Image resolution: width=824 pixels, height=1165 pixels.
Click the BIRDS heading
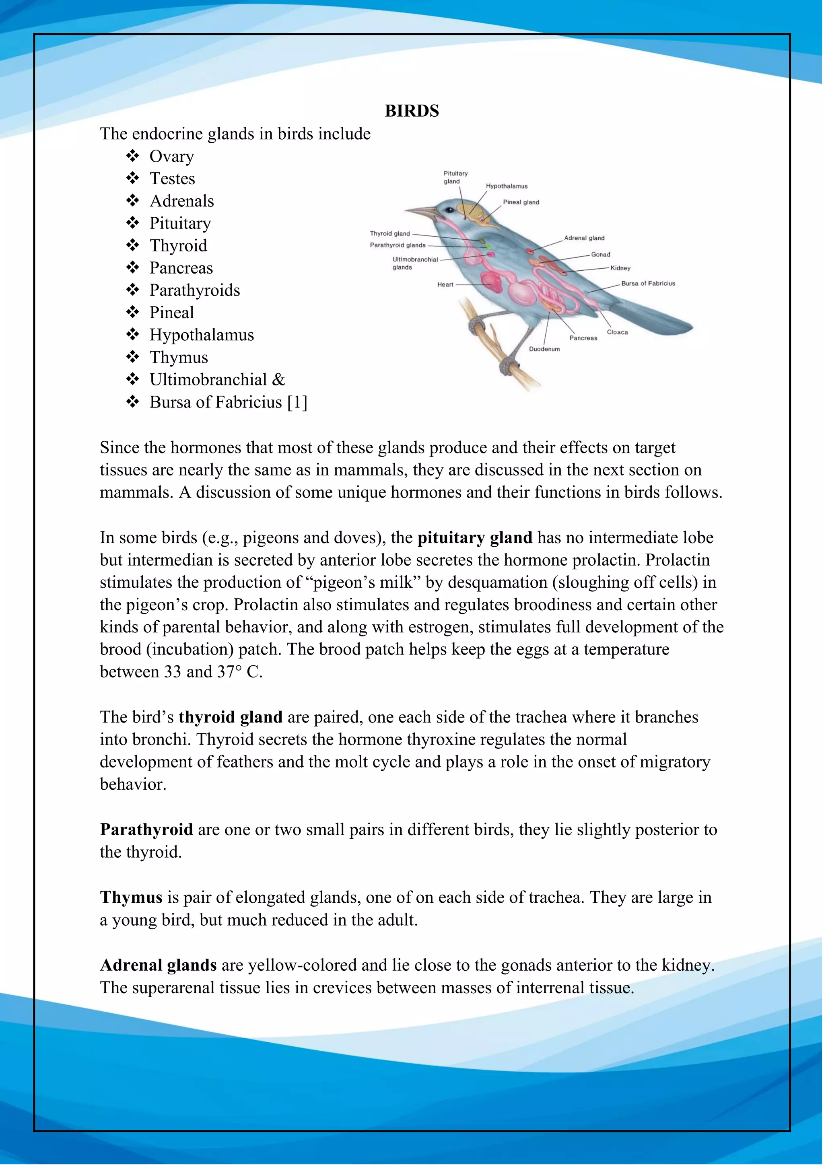(412, 111)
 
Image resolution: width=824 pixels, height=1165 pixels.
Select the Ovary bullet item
(171, 156)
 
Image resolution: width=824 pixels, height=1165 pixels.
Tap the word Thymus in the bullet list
(179, 357)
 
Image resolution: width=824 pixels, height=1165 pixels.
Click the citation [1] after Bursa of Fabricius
(297, 402)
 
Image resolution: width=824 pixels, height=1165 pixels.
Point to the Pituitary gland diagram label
(455, 177)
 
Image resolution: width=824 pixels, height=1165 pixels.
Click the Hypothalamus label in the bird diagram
(507, 186)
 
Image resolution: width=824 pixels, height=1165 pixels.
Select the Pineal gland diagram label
(521, 202)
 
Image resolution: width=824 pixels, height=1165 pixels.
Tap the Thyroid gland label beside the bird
(390, 233)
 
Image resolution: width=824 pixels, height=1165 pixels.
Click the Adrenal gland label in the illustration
(584, 238)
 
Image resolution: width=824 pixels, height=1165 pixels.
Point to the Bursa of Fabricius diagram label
(648, 284)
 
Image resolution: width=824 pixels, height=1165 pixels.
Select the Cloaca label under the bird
(617, 332)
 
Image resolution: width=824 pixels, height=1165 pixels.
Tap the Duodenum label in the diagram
(544, 349)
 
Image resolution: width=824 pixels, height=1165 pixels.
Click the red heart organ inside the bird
(491, 281)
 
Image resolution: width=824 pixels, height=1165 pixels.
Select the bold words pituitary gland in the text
(474, 537)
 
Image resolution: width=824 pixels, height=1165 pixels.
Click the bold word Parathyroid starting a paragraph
(146, 829)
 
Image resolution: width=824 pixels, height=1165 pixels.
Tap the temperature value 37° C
(239, 672)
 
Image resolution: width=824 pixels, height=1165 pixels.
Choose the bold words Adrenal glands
(158, 965)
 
